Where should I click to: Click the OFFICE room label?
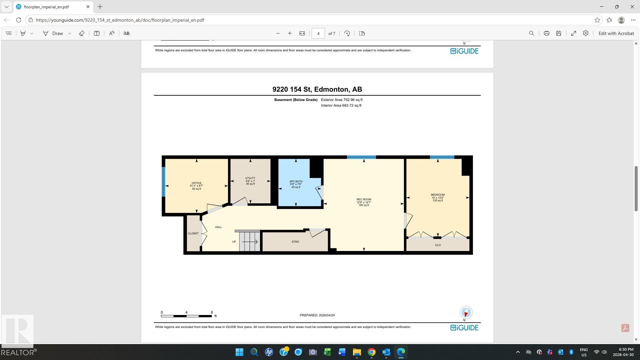tap(196, 183)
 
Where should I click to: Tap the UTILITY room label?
tap(250, 178)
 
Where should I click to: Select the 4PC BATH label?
tap(296, 181)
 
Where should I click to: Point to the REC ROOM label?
tap(364, 199)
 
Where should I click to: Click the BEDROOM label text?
tap(438, 195)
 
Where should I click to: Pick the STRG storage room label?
tap(295, 242)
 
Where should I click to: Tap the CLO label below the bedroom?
tap(438, 245)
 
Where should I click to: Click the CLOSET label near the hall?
tap(193, 233)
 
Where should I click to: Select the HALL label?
tap(218, 227)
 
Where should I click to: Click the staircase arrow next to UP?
tap(250, 242)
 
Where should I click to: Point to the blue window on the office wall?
tap(163, 182)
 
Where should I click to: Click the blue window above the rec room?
tap(361, 157)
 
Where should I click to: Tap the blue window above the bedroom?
tap(442, 157)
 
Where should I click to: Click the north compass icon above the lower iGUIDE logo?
tap(466, 312)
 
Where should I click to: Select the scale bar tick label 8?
tap(212, 312)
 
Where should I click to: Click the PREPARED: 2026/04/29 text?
tap(317, 315)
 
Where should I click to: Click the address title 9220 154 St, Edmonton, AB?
tap(317, 89)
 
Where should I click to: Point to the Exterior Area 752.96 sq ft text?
tap(342, 100)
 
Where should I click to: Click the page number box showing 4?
tap(318, 33)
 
